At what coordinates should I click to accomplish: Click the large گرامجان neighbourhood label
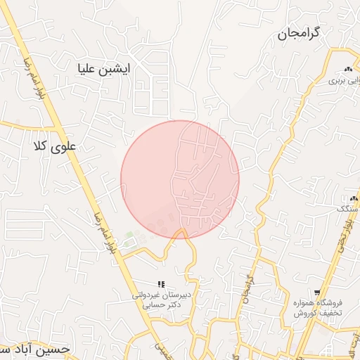coord(298,33)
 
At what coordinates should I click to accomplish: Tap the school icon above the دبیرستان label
coord(161,284)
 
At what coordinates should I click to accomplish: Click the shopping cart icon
coord(318,292)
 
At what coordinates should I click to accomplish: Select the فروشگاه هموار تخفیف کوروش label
coord(318,307)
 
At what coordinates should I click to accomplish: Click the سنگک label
coord(347,209)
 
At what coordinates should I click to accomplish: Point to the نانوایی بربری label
coord(344,80)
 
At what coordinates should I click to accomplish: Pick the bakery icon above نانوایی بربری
coord(347,69)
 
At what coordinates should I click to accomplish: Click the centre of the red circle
coord(180,179)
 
